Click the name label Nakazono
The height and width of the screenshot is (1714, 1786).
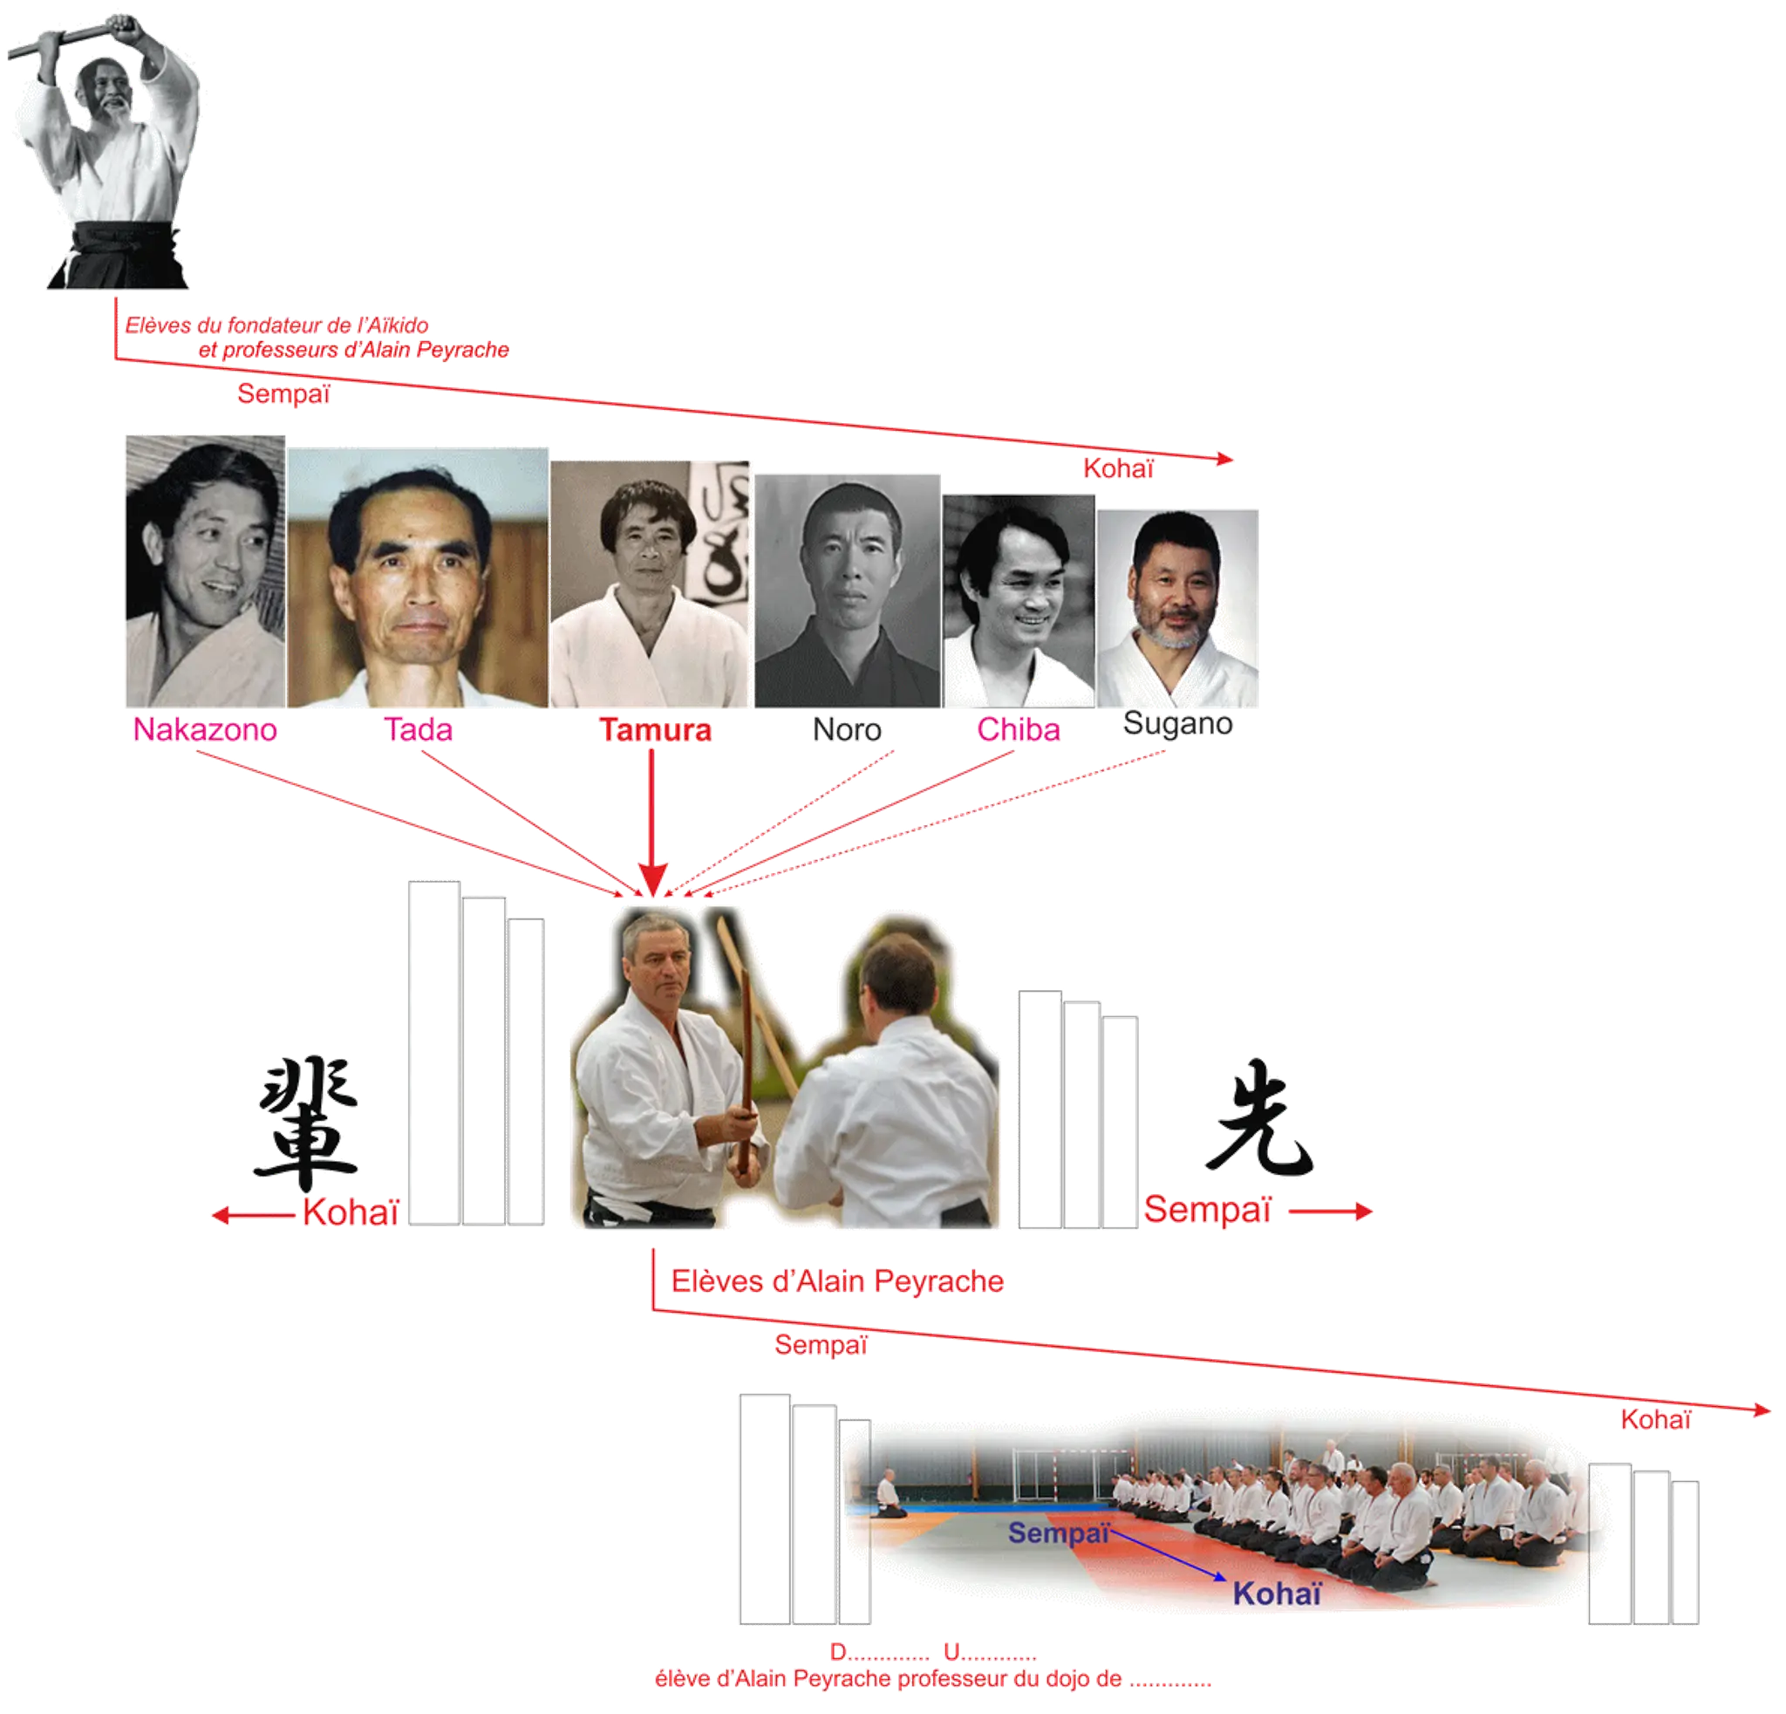pyautogui.click(x=205, y=730)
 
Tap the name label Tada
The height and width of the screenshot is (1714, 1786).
pyautogui.click(x=419, y=730)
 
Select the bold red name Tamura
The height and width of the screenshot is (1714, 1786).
pyautogui.click(x=655, y=731)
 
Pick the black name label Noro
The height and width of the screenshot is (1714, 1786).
pyautogui.click(x=847, y=730)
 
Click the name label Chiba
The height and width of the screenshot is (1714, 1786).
pyautogui.click(x=1019, y=730)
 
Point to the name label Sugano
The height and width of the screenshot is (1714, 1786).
pyautogui.click(x=1177, y=723)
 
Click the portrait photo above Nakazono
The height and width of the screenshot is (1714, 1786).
pyautogui.click(x=205, y=571)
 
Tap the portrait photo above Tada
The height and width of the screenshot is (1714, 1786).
pyautogui.click(x=419, y=577)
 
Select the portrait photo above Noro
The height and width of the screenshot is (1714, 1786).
pyautogui.click(x=848, y=591)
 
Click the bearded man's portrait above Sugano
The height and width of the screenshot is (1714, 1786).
pyautogui.click(x=1177, y=609)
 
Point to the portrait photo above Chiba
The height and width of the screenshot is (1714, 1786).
pyautogui.click(x=1019, y=601)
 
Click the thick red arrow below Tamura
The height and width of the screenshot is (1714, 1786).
pyautogui.click(x=651, y=823)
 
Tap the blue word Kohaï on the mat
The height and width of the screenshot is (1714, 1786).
pyautogui.click(x=1277, y=1594)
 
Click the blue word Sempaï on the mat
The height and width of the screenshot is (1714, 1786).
pyautogui.click(x=1059, y=1533)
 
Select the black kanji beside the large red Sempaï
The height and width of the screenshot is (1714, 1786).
pyautogui.click(x=1260, y=1117)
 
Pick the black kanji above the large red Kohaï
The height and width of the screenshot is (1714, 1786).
pyautogui.click(x=306, y=1123)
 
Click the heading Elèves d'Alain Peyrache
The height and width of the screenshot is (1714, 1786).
pyautogui.click(x=837, y=1281)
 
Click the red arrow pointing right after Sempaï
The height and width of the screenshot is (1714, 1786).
pyautogui.click(x=1331, y=1211)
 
